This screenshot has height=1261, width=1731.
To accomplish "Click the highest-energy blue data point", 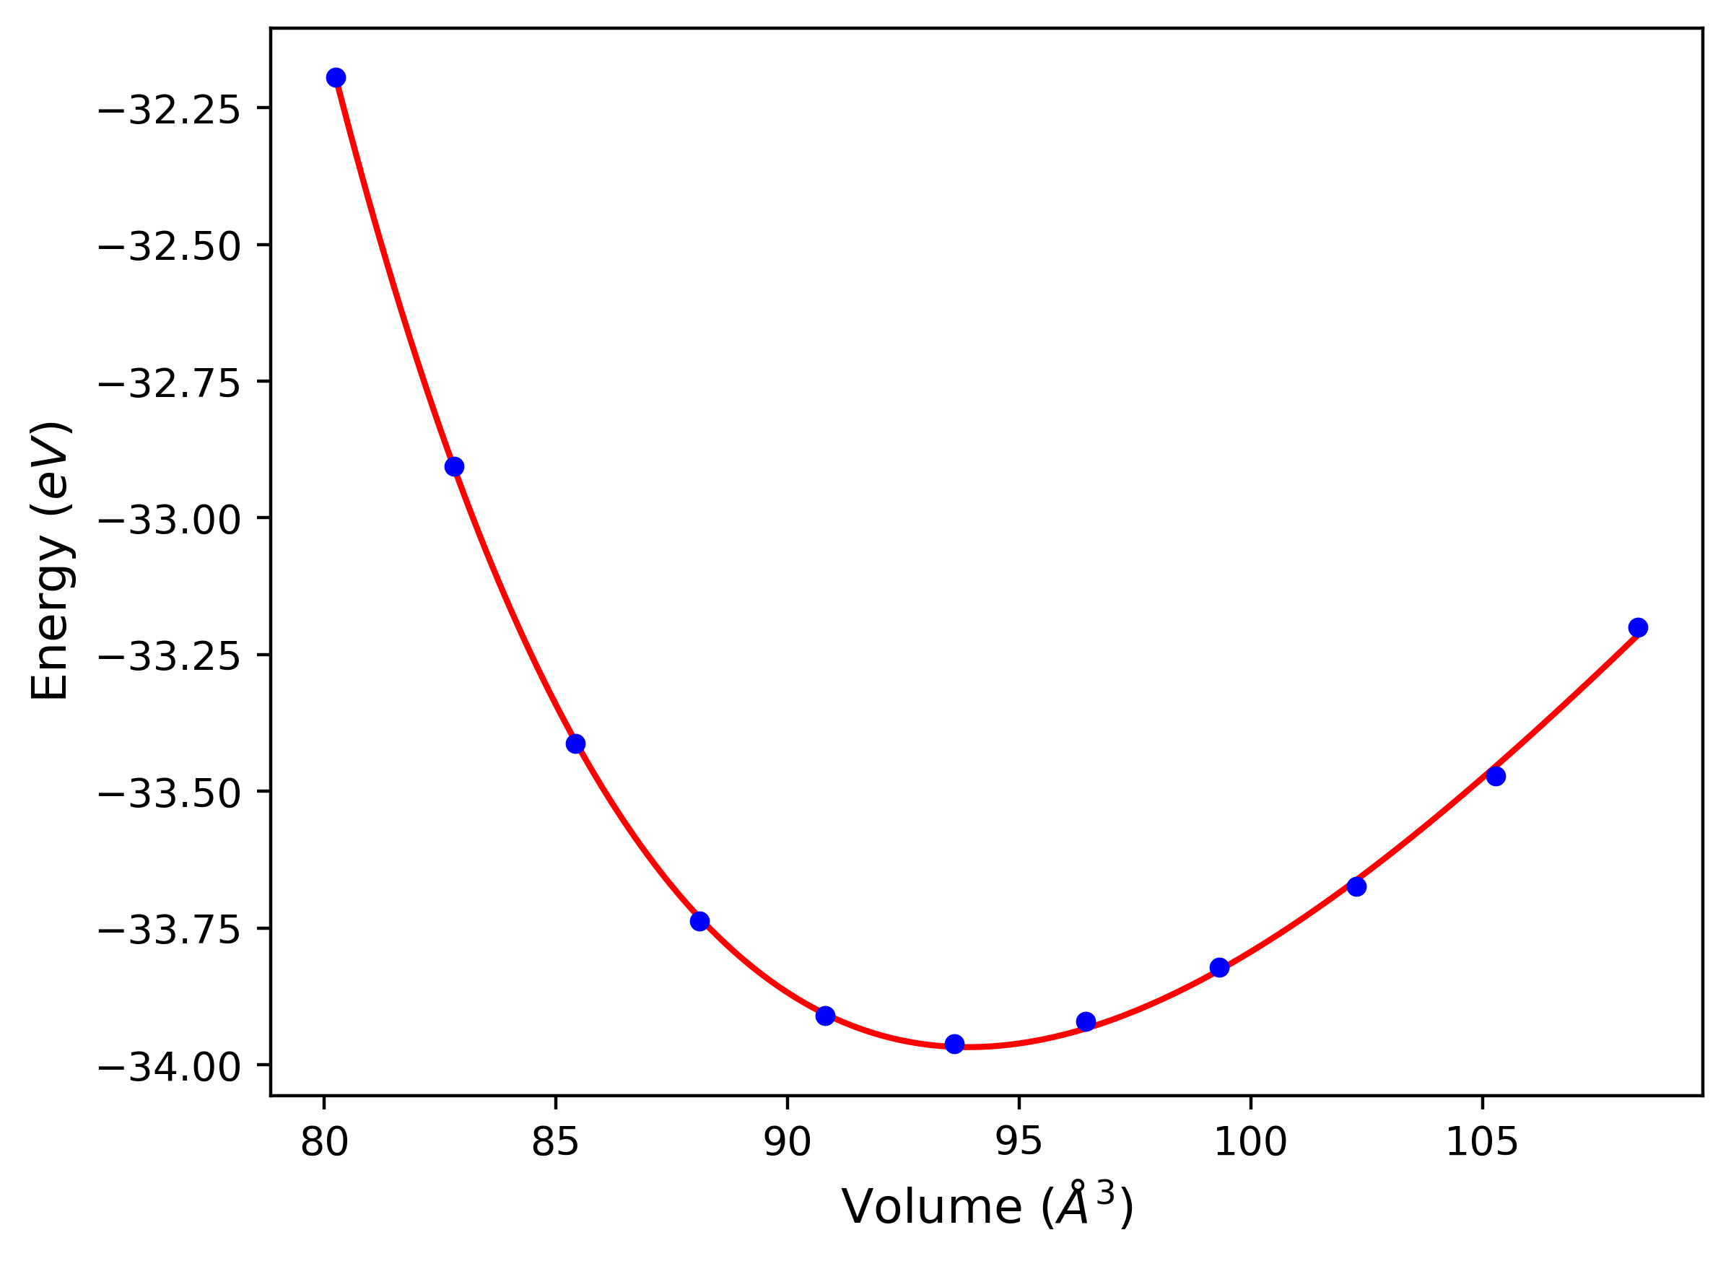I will (336, 78).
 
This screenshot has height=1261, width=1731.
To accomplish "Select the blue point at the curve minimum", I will (955, 1044).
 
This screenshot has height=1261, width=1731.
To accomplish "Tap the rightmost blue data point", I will (1638, 627).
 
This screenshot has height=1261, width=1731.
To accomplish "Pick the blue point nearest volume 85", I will (575, 743).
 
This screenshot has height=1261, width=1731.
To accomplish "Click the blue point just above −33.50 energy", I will (1496, 776).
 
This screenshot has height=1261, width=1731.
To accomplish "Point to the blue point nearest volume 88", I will (700, 921).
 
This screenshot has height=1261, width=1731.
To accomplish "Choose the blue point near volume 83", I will (454, 466).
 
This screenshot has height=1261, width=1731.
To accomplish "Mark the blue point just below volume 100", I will (1220, 967).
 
